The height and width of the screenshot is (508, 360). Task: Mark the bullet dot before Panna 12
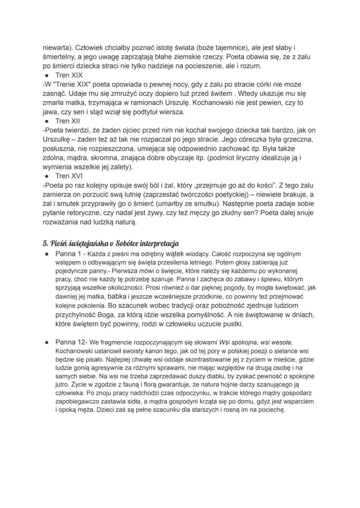tap(45, 343)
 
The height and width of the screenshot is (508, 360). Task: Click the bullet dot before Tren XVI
tap(45, 176)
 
